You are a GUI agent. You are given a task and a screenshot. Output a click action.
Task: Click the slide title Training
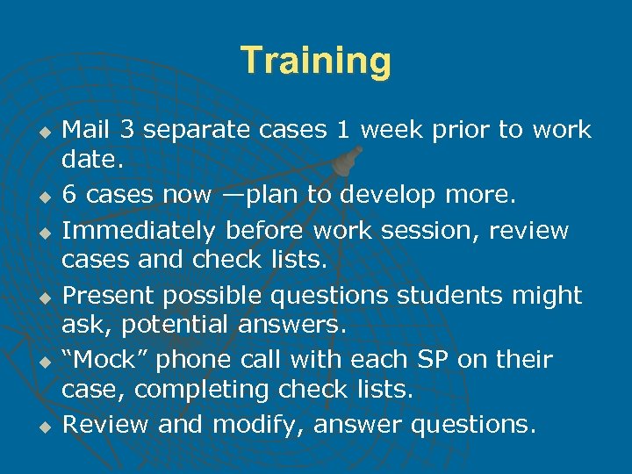pos(316,61)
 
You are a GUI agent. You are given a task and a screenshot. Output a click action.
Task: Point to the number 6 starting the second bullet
pos(69,195)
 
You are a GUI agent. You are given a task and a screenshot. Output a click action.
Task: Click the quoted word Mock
pos(104,360)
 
